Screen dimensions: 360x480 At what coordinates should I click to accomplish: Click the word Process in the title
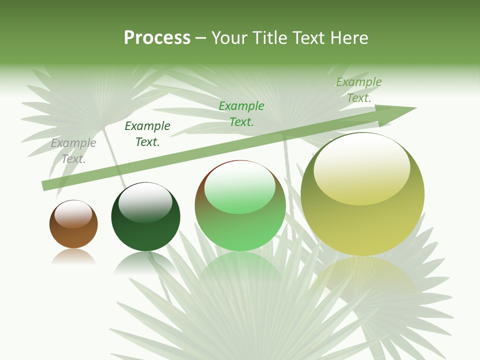[157, 37]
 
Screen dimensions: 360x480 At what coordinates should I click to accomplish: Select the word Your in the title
[230, 37]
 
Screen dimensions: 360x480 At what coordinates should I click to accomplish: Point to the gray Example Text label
[73, 151]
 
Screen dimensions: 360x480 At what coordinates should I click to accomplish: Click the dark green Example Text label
[147, 134]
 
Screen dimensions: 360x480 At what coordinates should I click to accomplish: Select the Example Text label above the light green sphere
[241, 114]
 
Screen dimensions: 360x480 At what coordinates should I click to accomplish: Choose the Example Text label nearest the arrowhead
[359, 90]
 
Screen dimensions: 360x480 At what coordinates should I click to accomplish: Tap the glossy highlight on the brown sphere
[73, 214]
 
